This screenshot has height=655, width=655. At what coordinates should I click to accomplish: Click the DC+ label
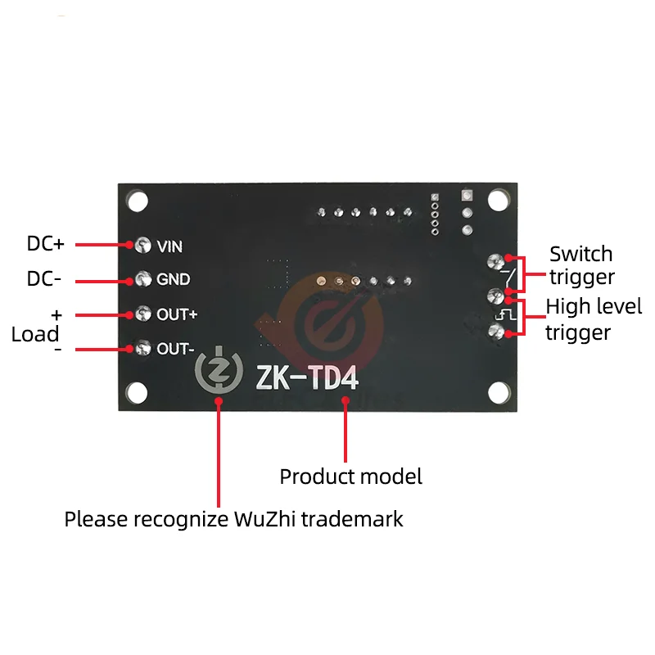point(46,244)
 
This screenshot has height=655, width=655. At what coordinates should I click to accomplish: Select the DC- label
point(44,279)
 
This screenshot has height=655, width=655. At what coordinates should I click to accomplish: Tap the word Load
point(35,334)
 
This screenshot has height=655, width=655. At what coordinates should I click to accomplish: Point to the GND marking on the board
point(174,280)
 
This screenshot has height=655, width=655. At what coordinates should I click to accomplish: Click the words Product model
point(351,477)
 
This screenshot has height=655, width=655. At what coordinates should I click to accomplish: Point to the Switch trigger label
point(581,265)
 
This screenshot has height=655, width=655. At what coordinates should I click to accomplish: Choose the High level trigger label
point(594,319)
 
